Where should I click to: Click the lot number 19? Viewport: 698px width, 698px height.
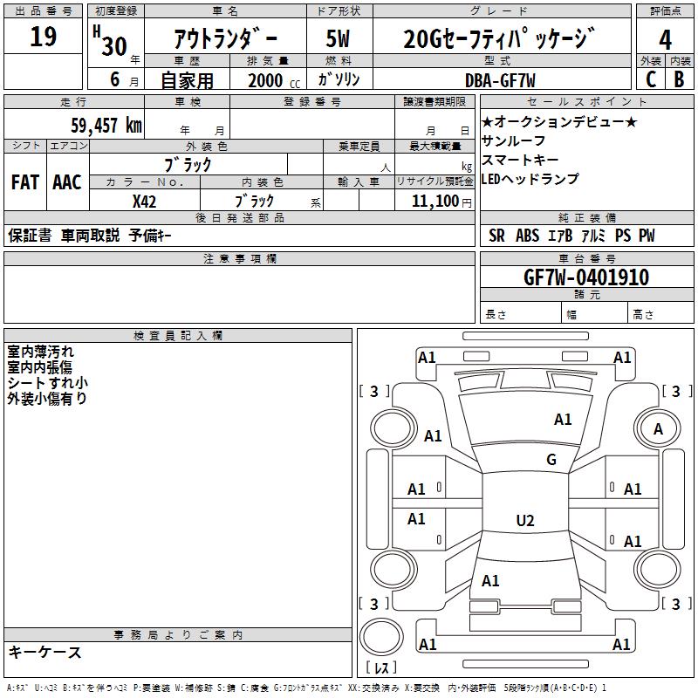coord(43,38)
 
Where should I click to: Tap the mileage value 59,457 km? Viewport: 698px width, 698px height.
coord(106,125)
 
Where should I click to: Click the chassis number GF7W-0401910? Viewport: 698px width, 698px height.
coord(585,278)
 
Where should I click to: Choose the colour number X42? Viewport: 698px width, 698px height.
coord(145,201)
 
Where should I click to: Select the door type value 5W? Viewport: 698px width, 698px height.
coord(339,38)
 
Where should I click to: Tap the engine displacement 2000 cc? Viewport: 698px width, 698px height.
coord(271,80)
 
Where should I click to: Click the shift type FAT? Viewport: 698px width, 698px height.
coord(25,182)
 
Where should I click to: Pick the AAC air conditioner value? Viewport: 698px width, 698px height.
coord(67,182)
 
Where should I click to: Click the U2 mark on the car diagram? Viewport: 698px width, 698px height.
coord(525,521)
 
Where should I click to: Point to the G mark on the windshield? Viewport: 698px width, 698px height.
coord(551,460)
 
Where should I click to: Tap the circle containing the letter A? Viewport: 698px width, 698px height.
coord(659,428)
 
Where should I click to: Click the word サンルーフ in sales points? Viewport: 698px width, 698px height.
coord(514,140)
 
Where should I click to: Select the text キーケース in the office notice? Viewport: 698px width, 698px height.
coord(45,652)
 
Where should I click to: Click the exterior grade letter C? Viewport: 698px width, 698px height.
coord(650,79)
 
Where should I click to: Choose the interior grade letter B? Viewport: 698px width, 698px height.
coord(679,79)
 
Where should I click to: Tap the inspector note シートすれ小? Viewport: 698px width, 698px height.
coord(47,383)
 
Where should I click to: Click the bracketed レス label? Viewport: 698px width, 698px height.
coord(385,668)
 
